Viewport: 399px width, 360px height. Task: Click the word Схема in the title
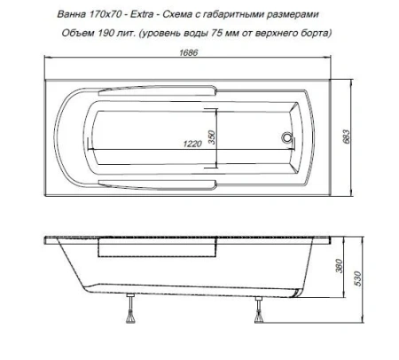(x=183, y=11)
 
